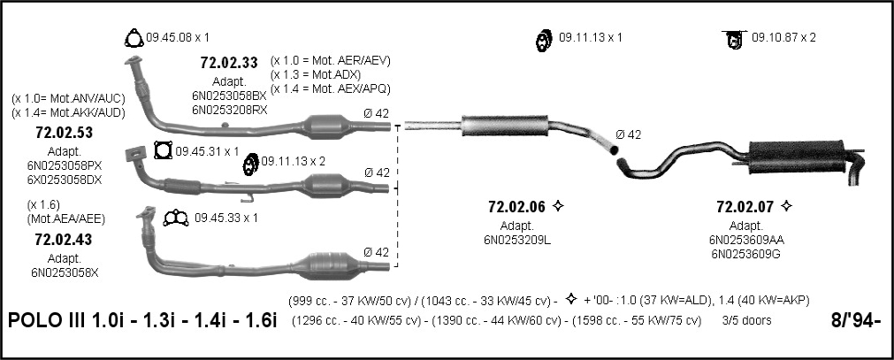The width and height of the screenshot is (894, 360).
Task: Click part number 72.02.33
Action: pos(229,63)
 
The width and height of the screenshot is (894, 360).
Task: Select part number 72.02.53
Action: pos(64,133)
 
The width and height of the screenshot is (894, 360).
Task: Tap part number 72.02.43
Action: pos(64,240)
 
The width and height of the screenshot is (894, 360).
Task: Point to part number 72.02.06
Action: pos(517,206)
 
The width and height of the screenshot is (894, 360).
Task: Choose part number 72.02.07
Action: pos(745,206)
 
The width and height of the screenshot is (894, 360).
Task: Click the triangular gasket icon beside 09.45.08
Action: pos(134,38)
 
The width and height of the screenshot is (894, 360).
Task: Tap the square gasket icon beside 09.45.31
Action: pos(163,151)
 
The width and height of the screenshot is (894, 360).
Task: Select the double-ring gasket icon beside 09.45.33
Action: pos(176,218)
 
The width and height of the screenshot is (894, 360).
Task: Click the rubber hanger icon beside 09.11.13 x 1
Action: pos(543,40)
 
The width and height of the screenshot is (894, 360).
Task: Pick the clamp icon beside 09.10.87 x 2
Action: pos(734,39)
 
